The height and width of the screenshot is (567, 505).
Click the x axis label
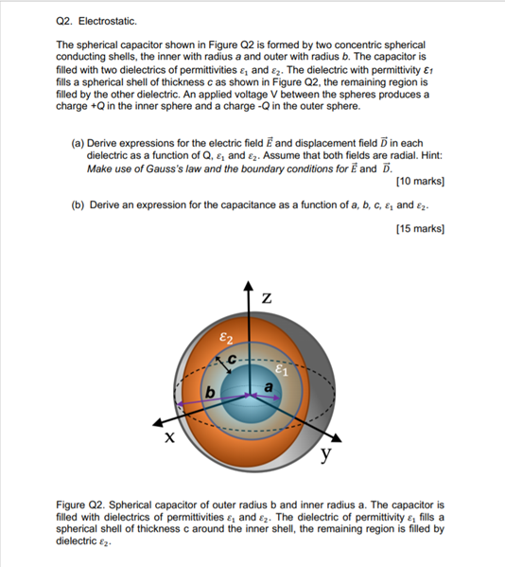point(169,438)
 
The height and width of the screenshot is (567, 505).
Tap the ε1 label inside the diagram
point(281,370)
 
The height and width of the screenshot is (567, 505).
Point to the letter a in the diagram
point(269,388)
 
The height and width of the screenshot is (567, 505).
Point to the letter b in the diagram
point(209,391)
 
